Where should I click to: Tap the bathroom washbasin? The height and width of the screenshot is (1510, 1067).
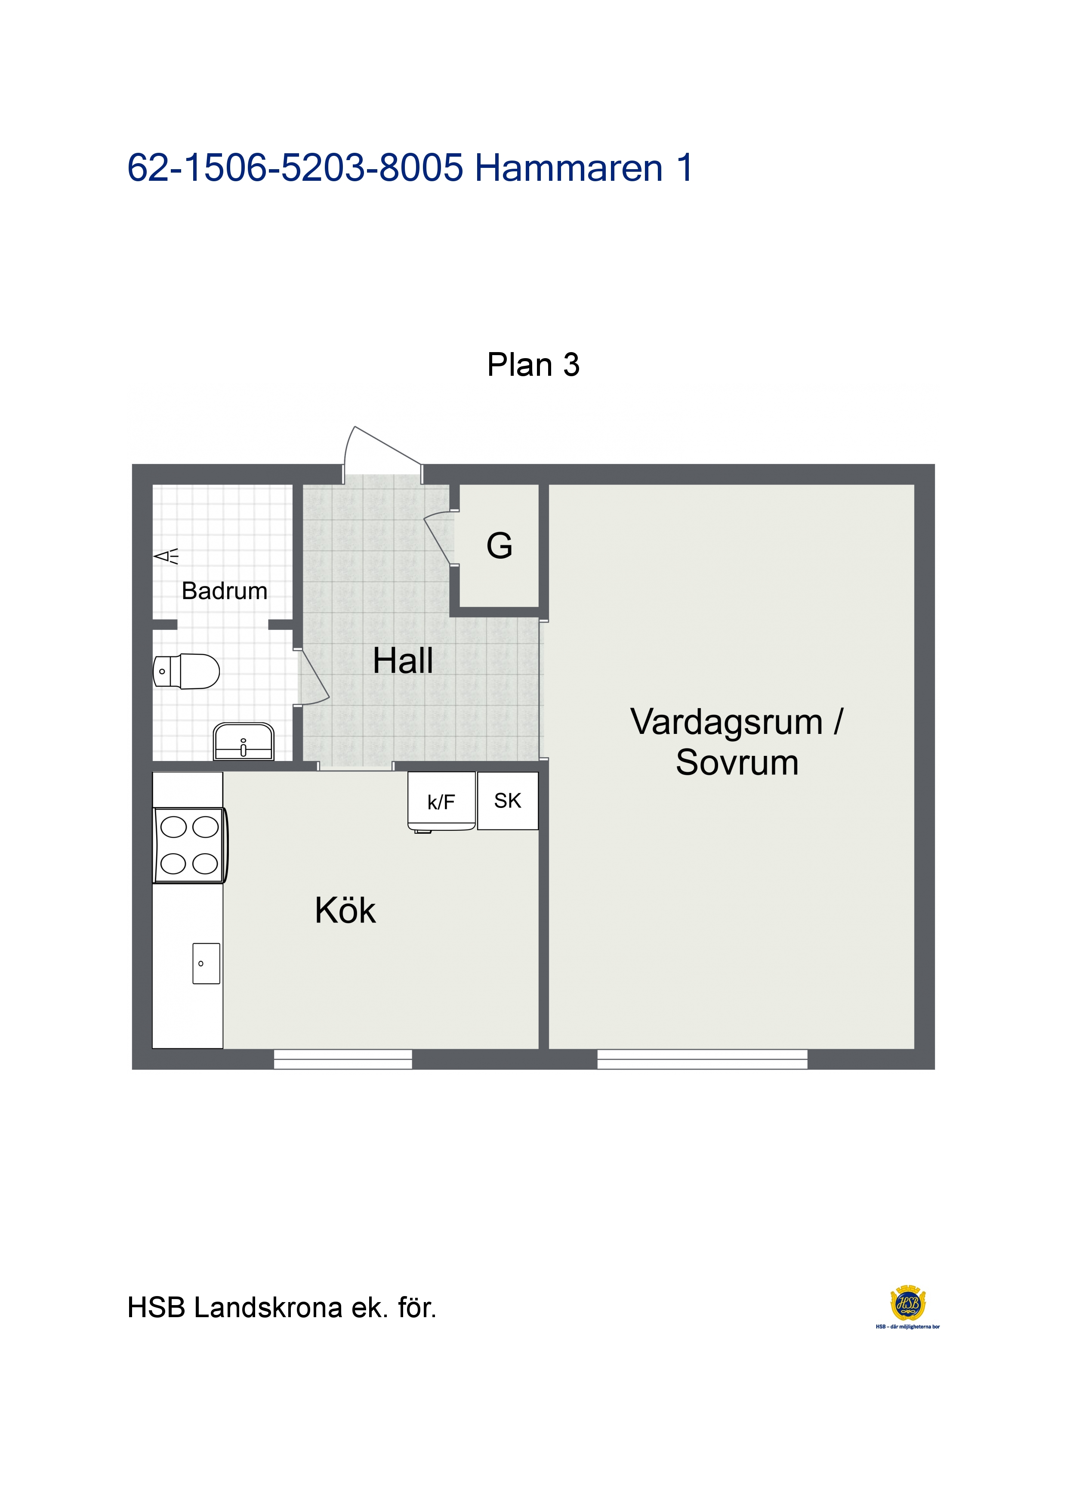[243, 741]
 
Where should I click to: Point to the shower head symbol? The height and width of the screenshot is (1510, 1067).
[166, 557]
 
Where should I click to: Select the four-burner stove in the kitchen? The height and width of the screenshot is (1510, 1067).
[190, 845]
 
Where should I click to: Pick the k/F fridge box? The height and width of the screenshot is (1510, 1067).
[441, 801]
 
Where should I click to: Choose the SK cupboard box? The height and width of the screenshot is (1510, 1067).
[508, 800]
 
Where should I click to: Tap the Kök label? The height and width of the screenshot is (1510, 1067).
[345, 910]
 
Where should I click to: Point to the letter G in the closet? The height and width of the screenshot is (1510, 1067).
[500, 545]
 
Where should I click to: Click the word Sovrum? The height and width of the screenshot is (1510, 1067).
[737, 763]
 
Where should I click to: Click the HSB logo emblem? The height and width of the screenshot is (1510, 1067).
[908, 1303]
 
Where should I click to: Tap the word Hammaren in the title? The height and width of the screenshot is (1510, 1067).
[569, 168]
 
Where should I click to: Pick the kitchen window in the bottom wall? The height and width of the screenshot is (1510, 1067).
[343, 1059]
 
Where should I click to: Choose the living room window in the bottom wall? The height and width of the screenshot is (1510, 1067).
[702, 1059]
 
